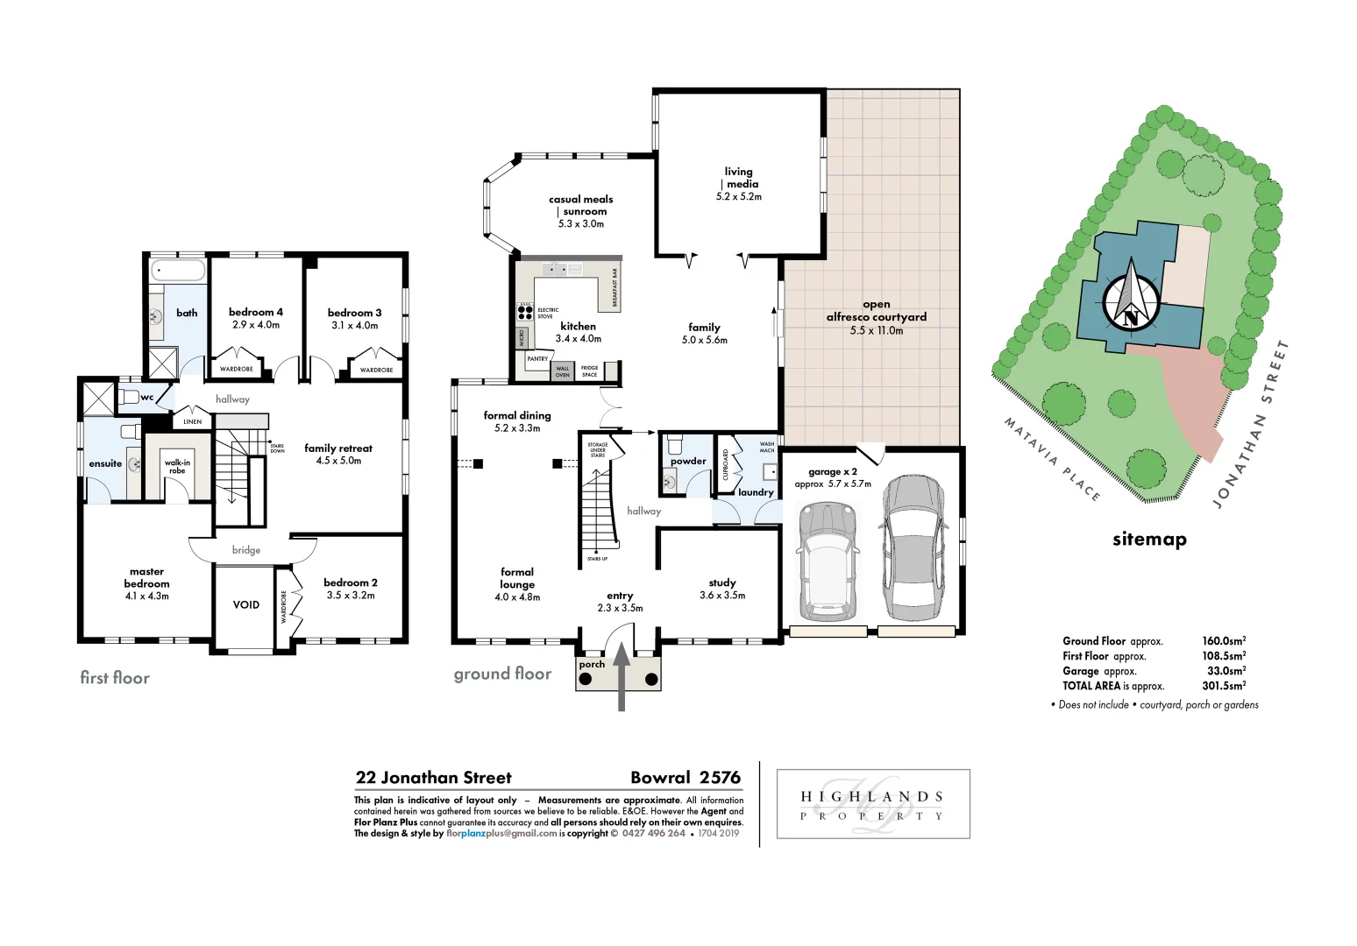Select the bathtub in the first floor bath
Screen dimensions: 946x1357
point(178,270)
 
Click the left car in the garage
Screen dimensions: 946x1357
point(826,561)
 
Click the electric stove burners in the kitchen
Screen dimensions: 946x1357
point(525,311)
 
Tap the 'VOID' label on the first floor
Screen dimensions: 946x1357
point(245,604)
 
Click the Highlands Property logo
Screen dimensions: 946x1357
point(873,805)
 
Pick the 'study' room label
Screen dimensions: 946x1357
point(722,582)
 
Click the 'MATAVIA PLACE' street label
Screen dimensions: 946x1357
point(1051,459)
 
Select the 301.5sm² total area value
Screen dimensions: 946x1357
point(1223,686)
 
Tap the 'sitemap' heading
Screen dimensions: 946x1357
point(1149,540)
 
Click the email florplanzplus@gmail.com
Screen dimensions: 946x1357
point(501,834)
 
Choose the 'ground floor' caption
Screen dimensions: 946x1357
point(502,674)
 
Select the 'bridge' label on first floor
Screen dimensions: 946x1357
point(246,550)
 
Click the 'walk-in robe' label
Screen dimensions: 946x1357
point(177,466)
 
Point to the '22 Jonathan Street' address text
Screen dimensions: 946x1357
point(433,778)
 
